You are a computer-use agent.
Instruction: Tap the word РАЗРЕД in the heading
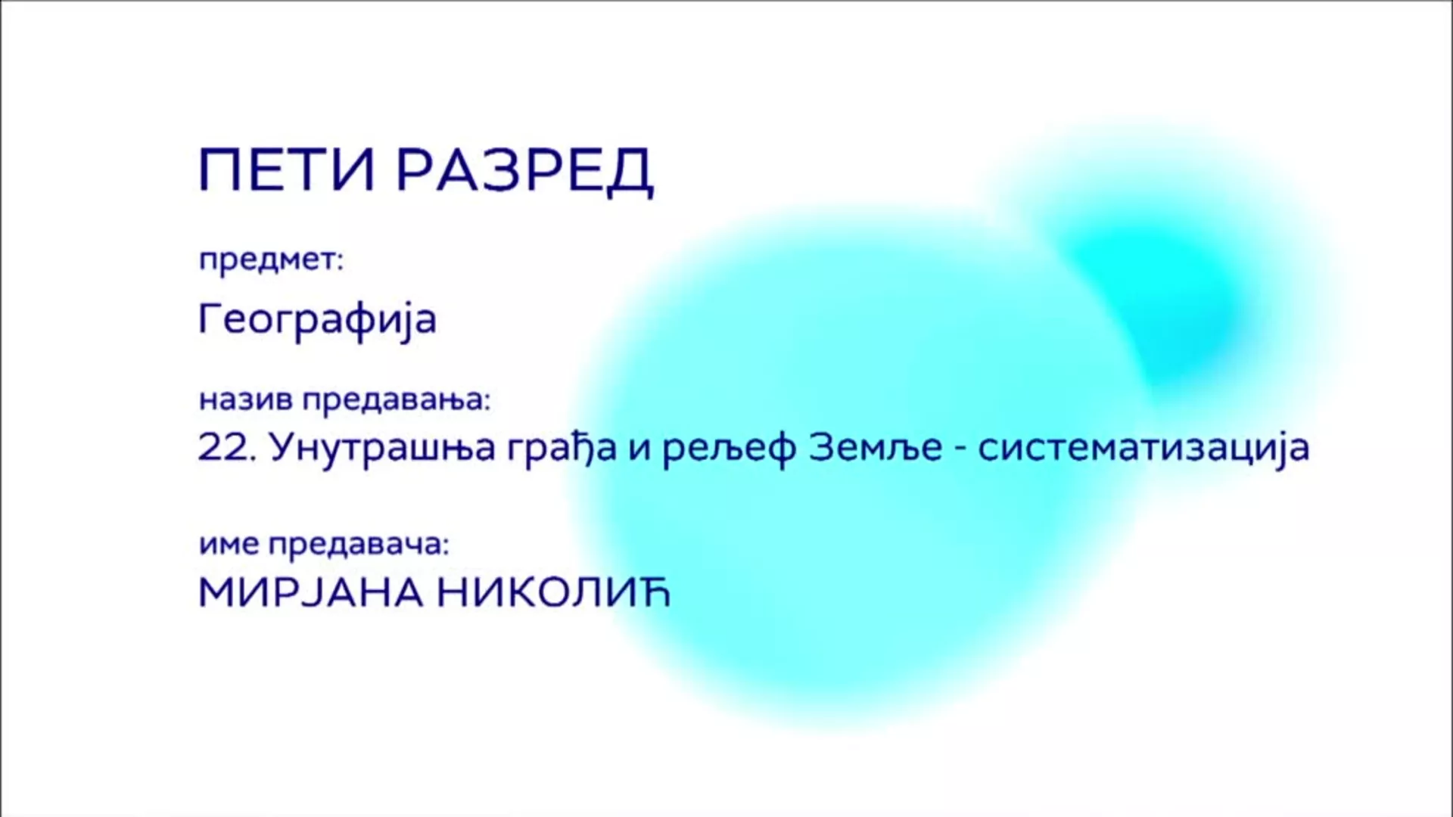pyautogui.click(x=525, y=172)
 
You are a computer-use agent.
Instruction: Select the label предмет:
pyautogui.click(x=271, y=262)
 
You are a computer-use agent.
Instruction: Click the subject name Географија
pyautogui.click(x=317, y=319)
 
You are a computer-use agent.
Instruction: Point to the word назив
pyautogui.click(x=246, y=399)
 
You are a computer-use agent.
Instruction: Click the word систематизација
pyautogui.click(x=1143, y=449)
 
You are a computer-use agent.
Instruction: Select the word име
pyautogui.click(x=229, y=545)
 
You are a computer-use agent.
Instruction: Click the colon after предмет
pyautogui.click(x=340, y=262)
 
